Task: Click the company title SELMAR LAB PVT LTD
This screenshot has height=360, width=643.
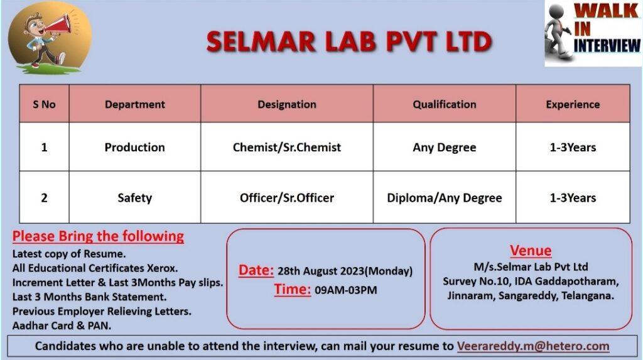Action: tap(349, 42)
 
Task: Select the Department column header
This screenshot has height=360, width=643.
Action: tap(135, 104)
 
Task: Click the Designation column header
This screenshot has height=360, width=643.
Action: tap(286, 104)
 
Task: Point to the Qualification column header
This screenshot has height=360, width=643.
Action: tap(445, 104)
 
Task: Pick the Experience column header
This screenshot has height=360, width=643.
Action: tap(573, 104)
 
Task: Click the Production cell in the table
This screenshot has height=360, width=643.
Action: tap(135, 147)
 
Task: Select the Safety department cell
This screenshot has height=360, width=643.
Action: tap(135, 198)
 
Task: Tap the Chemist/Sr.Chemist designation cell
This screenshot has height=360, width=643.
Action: tap(286, 147)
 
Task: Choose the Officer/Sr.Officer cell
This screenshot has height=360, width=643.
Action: tap(286, 198)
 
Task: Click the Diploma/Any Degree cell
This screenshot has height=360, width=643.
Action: tap(445, 198)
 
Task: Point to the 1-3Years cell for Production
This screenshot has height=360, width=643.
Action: tap(573, 147)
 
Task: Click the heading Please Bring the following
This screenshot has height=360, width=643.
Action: tap(98, 236)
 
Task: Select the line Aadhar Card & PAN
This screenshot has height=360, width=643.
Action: tap(62, 325)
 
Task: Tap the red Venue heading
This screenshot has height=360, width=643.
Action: tap(531, 251)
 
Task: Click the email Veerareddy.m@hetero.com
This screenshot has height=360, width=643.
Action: tap(533, 346)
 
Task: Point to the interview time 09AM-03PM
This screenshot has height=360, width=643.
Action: tap(346, 290)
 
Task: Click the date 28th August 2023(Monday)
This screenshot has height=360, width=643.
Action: tap(345, 271)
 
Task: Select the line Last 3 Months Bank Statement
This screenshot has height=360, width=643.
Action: tap(89, 297)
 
